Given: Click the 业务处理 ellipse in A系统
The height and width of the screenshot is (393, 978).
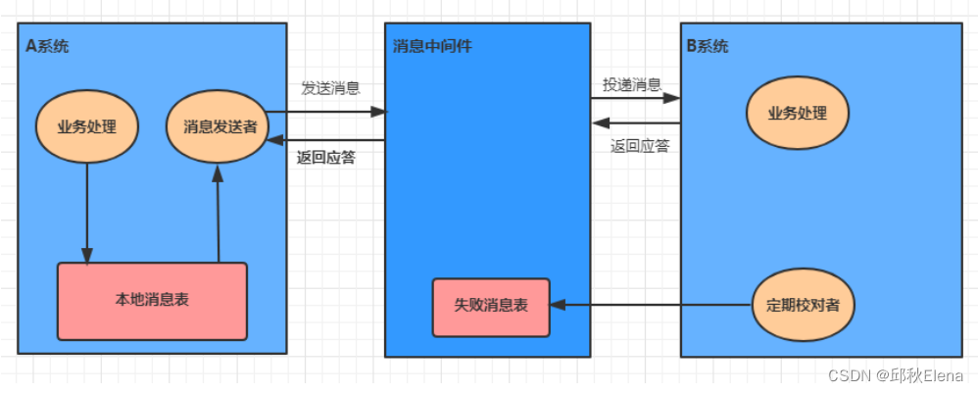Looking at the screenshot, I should tap(87, 126).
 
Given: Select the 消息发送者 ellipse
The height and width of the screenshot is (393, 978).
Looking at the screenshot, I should tap(218, 126).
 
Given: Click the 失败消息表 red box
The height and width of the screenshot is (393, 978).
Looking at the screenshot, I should tap(491, 305).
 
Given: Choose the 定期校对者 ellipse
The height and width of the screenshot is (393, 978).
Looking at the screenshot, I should tap(803, 305).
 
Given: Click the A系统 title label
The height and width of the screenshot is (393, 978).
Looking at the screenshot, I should tap(47, 46).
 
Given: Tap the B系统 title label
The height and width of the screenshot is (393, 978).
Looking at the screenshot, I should tap(707, 46).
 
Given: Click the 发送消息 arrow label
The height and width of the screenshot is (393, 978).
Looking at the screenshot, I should tap(329, 88).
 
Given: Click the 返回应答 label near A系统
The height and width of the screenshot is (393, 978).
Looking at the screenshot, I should tap(325, 157).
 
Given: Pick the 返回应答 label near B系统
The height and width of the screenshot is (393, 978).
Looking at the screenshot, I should tap(639, 146).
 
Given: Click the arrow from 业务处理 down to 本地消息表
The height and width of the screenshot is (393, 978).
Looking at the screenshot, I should tap(88, 211).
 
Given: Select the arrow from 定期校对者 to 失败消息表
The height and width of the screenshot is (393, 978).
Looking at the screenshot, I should tap(652, 305).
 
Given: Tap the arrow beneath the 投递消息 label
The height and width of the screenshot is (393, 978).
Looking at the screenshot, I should tap(636, 98).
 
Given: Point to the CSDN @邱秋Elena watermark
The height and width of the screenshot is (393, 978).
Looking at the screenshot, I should tap(895, 375).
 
